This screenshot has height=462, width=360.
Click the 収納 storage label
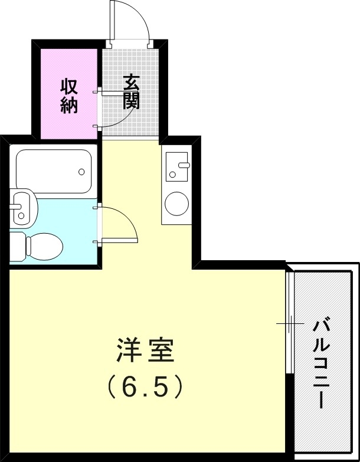(x=69, y=96)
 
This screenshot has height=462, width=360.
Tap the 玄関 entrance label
(x=131, y=92)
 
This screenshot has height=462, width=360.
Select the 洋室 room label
(x=145, y=352)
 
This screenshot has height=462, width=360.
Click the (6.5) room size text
(x=145, y=386)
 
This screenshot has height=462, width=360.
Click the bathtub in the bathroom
(x=54, y=171)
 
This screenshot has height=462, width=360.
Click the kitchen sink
(x=176, y=166)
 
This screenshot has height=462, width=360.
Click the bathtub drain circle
(x=81, y=173)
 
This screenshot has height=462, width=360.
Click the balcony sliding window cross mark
(x=290, y=323)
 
